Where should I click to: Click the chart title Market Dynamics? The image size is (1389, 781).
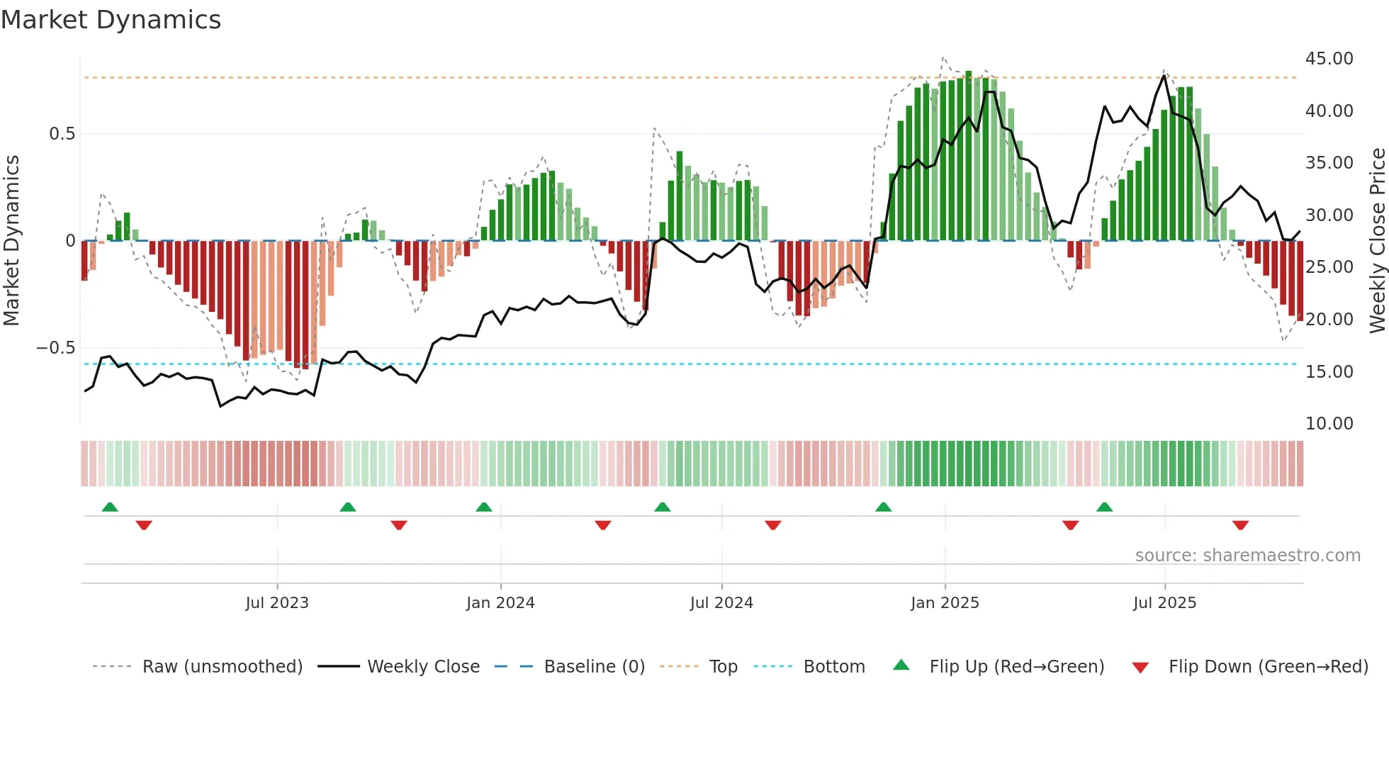111,20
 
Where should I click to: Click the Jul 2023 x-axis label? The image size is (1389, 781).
277,603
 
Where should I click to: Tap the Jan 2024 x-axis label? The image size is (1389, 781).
500,603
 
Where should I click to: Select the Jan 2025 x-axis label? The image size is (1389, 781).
945,603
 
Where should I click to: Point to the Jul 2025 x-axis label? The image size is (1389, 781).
1164,603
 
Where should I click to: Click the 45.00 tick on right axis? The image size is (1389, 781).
1329,59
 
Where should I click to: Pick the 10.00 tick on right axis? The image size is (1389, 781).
1329,424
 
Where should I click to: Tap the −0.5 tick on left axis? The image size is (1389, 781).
55,348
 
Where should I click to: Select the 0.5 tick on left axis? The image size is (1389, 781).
62,134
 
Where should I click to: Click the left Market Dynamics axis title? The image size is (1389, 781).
12,241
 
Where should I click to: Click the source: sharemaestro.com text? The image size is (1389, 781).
1247,556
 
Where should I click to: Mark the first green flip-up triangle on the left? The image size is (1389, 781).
110,507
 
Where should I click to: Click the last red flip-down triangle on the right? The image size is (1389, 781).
1240,525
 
